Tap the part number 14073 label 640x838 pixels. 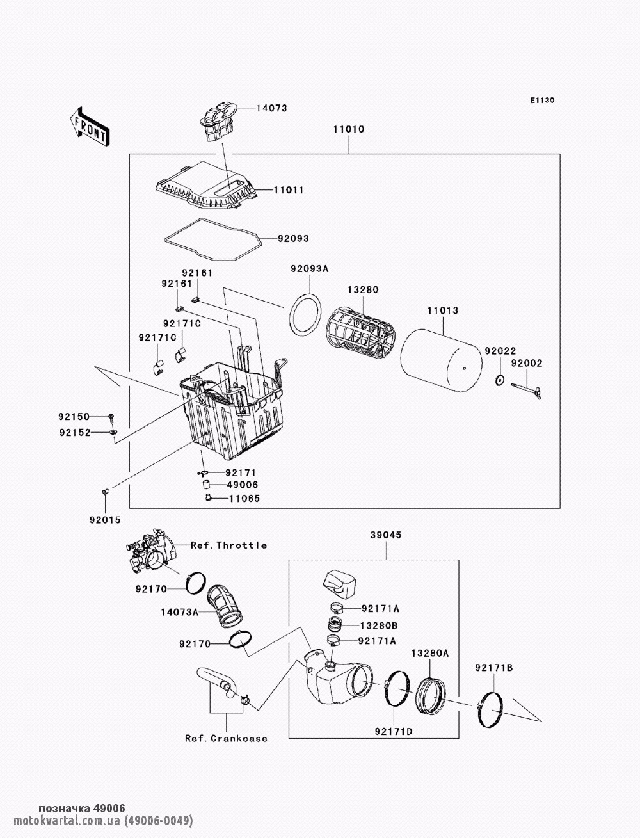click(271, 108)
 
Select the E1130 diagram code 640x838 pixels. click(542, 101)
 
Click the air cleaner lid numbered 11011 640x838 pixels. click(206, 186)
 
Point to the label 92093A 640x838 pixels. click(310, 269)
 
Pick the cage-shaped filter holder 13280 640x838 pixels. click(361, 332)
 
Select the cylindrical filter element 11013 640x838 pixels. click(441, 359)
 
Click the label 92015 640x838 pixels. click(105, 520)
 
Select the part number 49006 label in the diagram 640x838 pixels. click(243, 485)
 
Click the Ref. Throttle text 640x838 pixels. click(228, 545)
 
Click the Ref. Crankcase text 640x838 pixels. click(227, 738)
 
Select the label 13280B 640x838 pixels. click(379, 625)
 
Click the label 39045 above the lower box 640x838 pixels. click(386, 535)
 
